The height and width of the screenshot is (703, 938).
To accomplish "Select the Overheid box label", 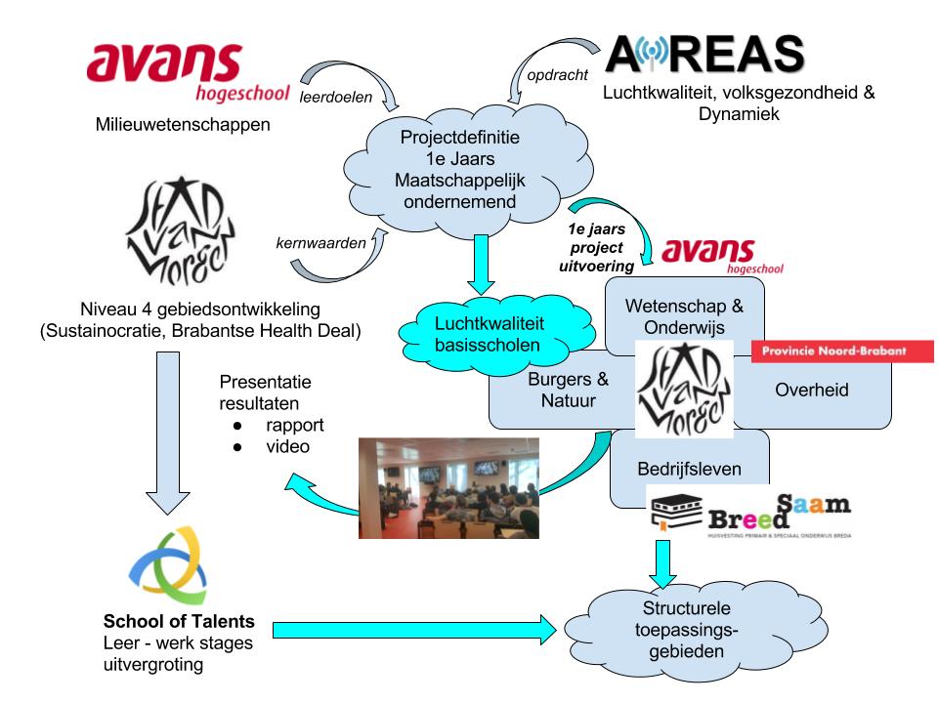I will click(x=811, y=391).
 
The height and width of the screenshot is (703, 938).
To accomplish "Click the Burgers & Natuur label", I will click(x=568, y=391).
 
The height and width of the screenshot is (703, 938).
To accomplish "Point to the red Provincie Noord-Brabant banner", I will click(x=841, y=351).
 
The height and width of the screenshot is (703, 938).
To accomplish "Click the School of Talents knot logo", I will click(x=167, y=563).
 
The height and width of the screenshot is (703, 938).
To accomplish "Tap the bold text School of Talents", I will click(x=179, y=622).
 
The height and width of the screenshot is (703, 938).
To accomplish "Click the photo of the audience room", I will click(x=448, y=487).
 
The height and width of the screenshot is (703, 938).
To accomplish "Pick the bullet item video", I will click(x=287, y=446).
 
